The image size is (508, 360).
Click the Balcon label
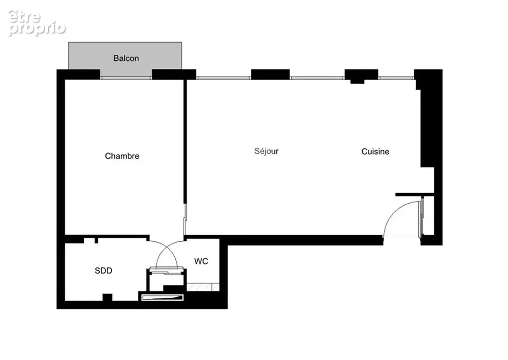(126, 58)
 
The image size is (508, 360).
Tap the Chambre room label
(122, 156)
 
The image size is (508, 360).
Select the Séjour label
(266, 151)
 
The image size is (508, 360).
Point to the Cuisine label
(375, 152)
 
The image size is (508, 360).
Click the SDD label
(103, 270)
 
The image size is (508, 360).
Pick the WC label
(201, 261)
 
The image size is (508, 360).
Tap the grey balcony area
(125, 55)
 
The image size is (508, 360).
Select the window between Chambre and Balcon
(126, 78)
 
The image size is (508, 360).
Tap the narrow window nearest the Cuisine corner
(396, 78)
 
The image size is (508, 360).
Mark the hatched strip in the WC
(203, 287)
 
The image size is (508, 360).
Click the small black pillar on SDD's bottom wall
(107, 297)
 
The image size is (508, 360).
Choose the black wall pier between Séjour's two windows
(270, 74)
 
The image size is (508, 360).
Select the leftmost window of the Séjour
(223, 78)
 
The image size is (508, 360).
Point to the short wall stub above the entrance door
(415, 194)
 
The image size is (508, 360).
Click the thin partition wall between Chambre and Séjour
(185, 141)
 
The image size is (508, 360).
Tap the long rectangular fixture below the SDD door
(163, 297)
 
